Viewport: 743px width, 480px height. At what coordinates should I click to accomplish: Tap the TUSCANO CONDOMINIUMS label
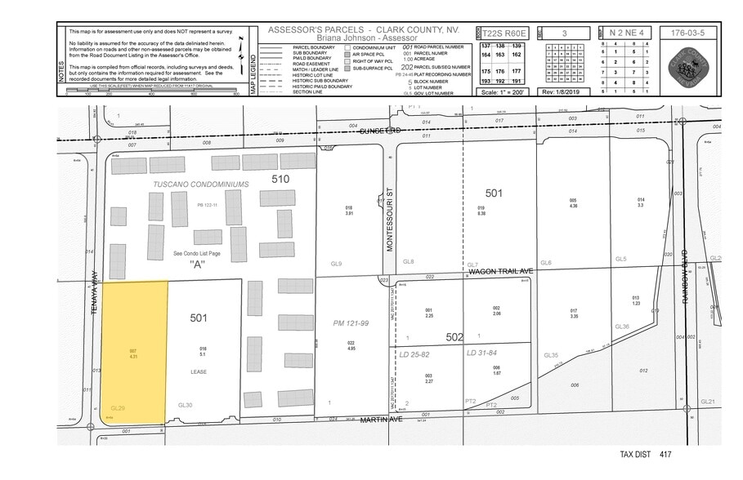(200, 184)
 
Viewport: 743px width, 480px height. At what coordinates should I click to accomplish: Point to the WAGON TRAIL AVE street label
(500, 272)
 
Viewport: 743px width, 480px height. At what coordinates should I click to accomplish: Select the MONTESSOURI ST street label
(390, 221)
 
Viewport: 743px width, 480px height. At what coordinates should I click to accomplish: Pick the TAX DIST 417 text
(646, 454)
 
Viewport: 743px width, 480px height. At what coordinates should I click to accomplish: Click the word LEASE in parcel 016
(199, 372)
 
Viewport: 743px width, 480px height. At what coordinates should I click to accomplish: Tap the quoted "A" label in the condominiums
(198, 265)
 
